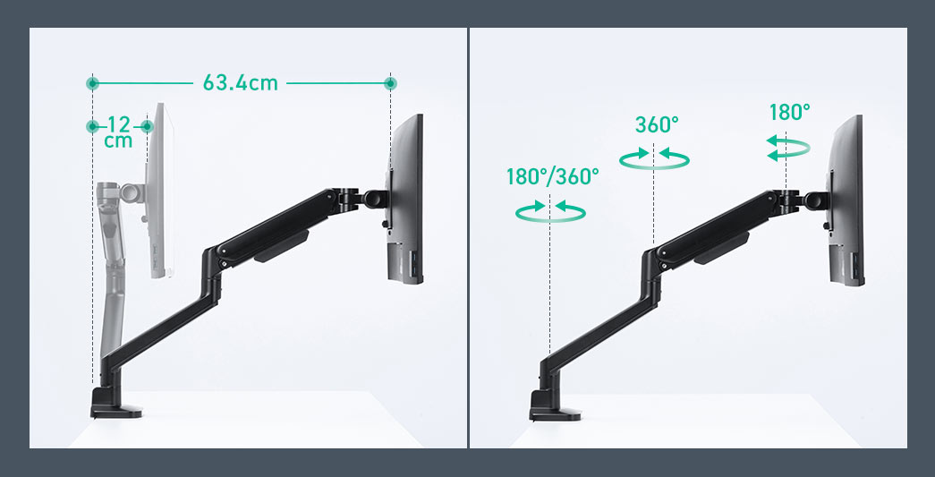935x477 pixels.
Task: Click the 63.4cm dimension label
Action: (241, 83)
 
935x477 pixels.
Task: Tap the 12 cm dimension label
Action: (118, 132)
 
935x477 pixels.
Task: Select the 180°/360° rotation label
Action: (553, 177)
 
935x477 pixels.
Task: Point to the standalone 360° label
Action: (657, 125)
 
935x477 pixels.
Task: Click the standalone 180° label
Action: (789, 112)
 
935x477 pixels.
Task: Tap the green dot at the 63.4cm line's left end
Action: (92, 83)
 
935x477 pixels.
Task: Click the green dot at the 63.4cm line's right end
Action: (390, 83)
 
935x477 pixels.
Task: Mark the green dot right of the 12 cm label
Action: (148, 126)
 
